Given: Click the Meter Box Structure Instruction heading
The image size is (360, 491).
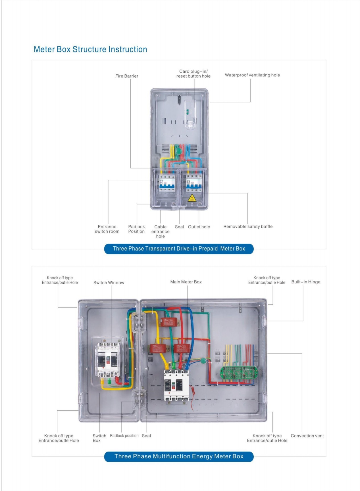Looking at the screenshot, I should pos(90,49).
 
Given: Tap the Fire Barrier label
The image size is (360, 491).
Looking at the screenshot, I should pos(127,76).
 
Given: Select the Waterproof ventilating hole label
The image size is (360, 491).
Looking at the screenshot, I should pos(252,75).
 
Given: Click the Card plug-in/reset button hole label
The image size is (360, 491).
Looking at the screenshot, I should pos(193,74).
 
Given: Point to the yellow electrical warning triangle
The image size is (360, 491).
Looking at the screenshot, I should pos(192,198).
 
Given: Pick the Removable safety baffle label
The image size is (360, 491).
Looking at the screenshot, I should pos(248,227).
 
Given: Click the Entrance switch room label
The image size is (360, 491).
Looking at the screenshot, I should pos(107,229).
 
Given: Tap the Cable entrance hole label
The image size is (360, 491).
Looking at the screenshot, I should pos(160,231).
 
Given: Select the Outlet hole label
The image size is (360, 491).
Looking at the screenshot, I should pos(199,227).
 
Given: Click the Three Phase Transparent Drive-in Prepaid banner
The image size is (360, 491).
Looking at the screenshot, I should pos(179,249).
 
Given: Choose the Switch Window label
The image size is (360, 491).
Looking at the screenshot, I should pos(109,283).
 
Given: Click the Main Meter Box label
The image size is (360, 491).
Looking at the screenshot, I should pos(186,282).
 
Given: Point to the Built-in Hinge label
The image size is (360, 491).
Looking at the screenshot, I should pos(306,282).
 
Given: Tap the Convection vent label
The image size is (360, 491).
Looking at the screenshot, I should pos(307,436).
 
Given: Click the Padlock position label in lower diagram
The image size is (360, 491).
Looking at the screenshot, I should pos(124,436).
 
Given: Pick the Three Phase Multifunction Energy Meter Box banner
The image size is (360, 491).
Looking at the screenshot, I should pos(179,457).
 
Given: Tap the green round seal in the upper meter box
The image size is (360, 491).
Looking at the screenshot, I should pos(178,151).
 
